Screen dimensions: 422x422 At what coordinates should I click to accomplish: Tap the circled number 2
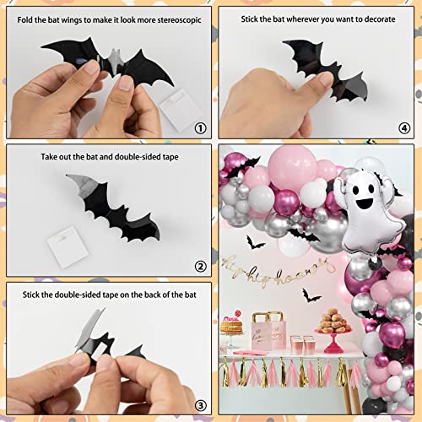[199, 267]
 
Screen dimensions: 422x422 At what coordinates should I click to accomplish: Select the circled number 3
[199, 404]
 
